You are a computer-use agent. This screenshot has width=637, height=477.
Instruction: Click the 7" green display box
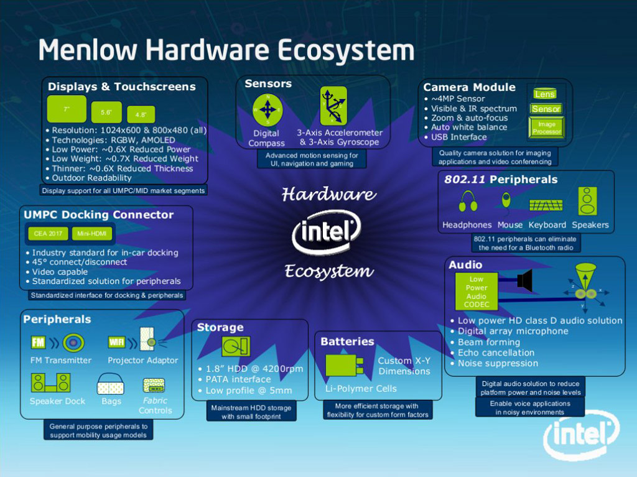coord(67,109)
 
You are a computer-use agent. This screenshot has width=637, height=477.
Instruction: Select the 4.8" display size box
coord(141,114)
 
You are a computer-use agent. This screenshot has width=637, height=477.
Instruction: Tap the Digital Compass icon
coord(267,111)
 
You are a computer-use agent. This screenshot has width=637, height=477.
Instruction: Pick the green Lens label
coord(544,94)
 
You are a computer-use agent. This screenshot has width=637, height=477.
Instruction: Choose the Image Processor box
coord(547,127)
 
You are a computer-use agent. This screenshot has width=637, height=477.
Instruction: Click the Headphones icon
coord(468,202)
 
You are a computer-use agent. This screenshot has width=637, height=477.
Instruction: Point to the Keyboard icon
coord(546,205)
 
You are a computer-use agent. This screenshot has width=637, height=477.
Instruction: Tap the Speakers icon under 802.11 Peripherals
coord(587,201)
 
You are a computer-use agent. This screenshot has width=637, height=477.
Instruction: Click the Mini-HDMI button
coord(91,234)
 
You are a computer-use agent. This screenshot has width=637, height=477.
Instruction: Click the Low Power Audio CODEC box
coord(477,292)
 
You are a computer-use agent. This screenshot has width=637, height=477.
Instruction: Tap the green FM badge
coord(38,342)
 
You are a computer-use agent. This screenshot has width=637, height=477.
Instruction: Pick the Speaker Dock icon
coord(51,382)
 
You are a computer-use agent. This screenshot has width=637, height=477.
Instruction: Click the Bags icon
coord(111,384)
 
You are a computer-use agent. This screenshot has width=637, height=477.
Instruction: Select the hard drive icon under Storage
coord(236,346)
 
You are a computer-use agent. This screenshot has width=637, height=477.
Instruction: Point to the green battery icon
coord(344,366)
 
